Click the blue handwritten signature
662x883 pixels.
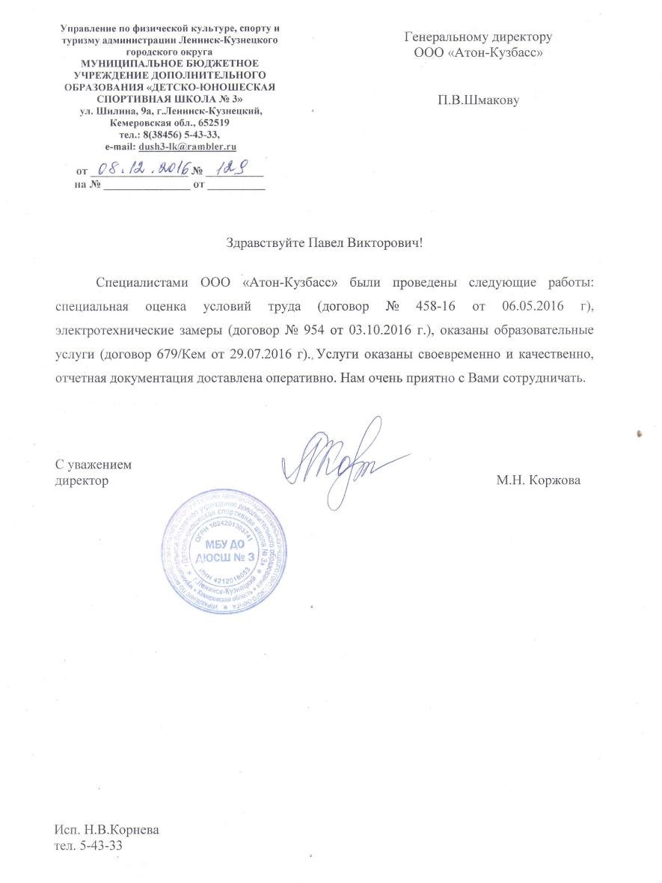(337, 459)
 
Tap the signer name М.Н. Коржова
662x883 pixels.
(538, 480)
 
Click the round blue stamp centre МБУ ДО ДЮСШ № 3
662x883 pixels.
(225, 551)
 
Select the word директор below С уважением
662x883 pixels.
(82, 480)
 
